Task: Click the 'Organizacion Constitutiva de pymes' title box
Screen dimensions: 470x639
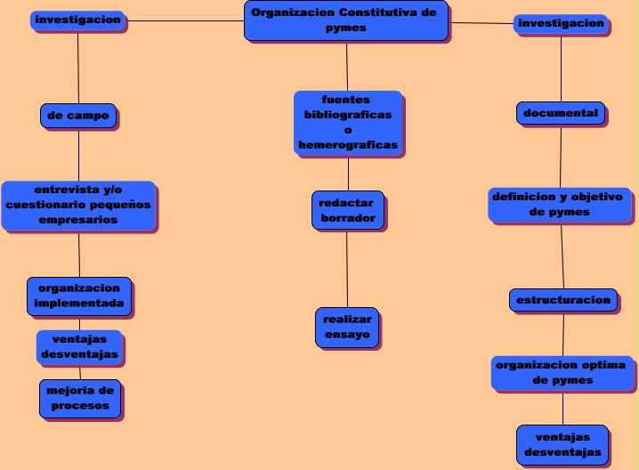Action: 345,20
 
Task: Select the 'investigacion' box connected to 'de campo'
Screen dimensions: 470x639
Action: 78,20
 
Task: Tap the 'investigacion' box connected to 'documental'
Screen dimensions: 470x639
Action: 562,24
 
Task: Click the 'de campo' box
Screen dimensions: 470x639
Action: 78,116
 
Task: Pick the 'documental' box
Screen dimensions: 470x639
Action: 561,113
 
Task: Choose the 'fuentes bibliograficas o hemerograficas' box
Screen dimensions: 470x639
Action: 348,123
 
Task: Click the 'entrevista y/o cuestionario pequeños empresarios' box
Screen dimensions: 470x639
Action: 78,206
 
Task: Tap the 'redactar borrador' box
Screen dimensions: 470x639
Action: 348,210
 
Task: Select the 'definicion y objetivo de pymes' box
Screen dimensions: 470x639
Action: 561,205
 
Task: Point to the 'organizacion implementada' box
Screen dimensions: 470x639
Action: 79,296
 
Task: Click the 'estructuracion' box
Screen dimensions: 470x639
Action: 563,300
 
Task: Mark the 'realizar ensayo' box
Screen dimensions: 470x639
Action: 347,327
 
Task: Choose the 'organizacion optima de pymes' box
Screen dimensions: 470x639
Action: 562,373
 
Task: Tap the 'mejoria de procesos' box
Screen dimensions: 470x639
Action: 80,398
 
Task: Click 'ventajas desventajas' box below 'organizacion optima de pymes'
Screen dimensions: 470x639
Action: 562,444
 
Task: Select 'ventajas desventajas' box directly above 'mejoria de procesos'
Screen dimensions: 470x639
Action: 79,347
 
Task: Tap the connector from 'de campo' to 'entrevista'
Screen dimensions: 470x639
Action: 78,155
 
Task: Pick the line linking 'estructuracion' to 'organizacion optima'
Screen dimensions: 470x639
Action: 563,334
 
